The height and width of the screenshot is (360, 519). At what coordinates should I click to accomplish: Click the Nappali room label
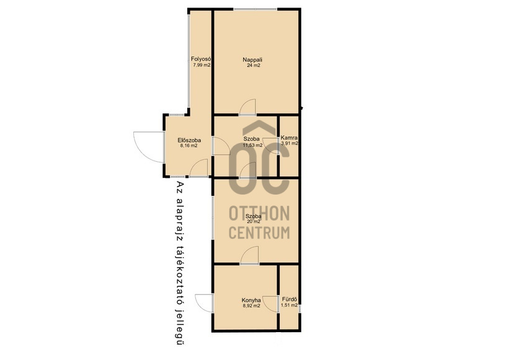point(252,60)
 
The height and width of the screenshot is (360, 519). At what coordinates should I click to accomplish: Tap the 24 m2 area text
point(254,66)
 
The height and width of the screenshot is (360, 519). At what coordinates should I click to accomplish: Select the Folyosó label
point(201,59)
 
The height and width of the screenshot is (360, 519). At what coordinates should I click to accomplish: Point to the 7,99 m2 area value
point(202,65)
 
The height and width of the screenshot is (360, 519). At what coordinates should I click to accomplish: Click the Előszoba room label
point(189,140)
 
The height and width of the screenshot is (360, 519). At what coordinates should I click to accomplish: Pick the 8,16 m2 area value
point(189,146)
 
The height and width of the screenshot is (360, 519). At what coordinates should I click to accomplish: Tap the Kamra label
point(289,138)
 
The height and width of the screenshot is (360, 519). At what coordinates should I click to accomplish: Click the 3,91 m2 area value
point(290,144)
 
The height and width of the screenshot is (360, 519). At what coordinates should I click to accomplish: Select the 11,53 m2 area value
point(252,145)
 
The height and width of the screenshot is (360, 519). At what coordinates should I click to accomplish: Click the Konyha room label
point(251,300)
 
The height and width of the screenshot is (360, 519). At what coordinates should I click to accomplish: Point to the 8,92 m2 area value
point(252,305)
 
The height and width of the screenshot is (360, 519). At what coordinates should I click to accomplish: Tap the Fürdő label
point(290,299)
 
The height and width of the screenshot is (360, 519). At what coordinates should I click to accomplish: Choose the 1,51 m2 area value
point(290,305)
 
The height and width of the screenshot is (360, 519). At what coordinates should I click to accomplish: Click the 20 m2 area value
point(254,222)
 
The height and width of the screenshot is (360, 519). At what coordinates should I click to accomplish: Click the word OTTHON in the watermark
point(259,213)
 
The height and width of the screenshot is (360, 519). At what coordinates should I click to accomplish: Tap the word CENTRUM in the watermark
point(259,232)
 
